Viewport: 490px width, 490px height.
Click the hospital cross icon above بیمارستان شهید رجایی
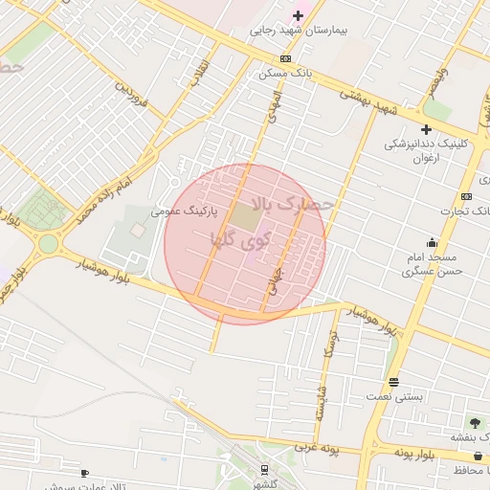(x=298, y=15)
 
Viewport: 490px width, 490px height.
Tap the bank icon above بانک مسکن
(x=285, y=58)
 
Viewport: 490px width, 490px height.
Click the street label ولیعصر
(x=436, y=83)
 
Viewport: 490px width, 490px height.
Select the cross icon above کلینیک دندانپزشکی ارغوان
(x=426, y=129)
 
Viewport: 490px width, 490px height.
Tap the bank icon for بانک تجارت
(x=466, y=196)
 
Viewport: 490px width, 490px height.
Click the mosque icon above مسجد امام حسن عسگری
(x=432, y=242)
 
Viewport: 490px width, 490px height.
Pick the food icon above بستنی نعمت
(x=392, y=381)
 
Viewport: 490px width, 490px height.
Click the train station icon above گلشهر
(x=263, y=469)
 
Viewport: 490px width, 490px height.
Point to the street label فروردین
(x=132, y=93)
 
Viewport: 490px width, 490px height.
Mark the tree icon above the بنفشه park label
(x=476, y=422)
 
